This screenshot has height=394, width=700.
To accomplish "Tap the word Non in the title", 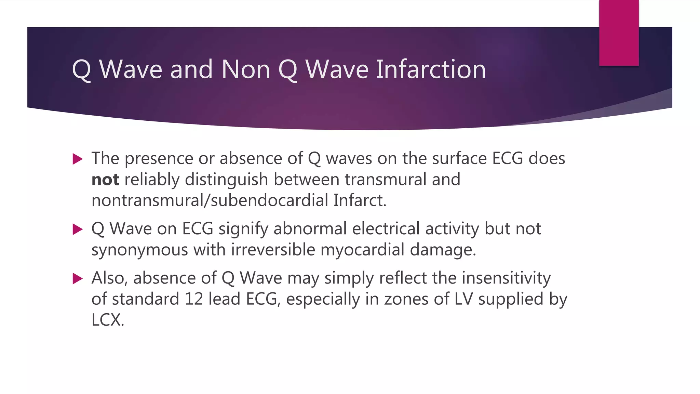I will coord(246,69).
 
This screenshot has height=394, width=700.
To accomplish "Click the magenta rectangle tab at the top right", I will coord(619,33).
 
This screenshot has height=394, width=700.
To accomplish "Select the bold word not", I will coord(105,180).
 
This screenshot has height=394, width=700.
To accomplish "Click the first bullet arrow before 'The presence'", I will coord(78,159).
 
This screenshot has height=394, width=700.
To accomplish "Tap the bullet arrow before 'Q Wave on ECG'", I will coord(78,229).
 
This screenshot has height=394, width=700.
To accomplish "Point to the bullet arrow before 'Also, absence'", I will coord(78,279).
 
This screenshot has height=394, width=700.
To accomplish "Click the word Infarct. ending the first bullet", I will coord(360,200).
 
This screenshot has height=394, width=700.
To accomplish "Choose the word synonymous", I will coord(140,250).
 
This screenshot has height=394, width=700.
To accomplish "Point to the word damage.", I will coord(443,250).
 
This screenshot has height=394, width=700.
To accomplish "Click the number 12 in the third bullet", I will coord(194,299).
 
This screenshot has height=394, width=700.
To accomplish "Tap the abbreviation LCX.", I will coord(108,320).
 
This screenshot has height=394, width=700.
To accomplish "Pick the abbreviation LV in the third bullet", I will coord(463,299).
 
